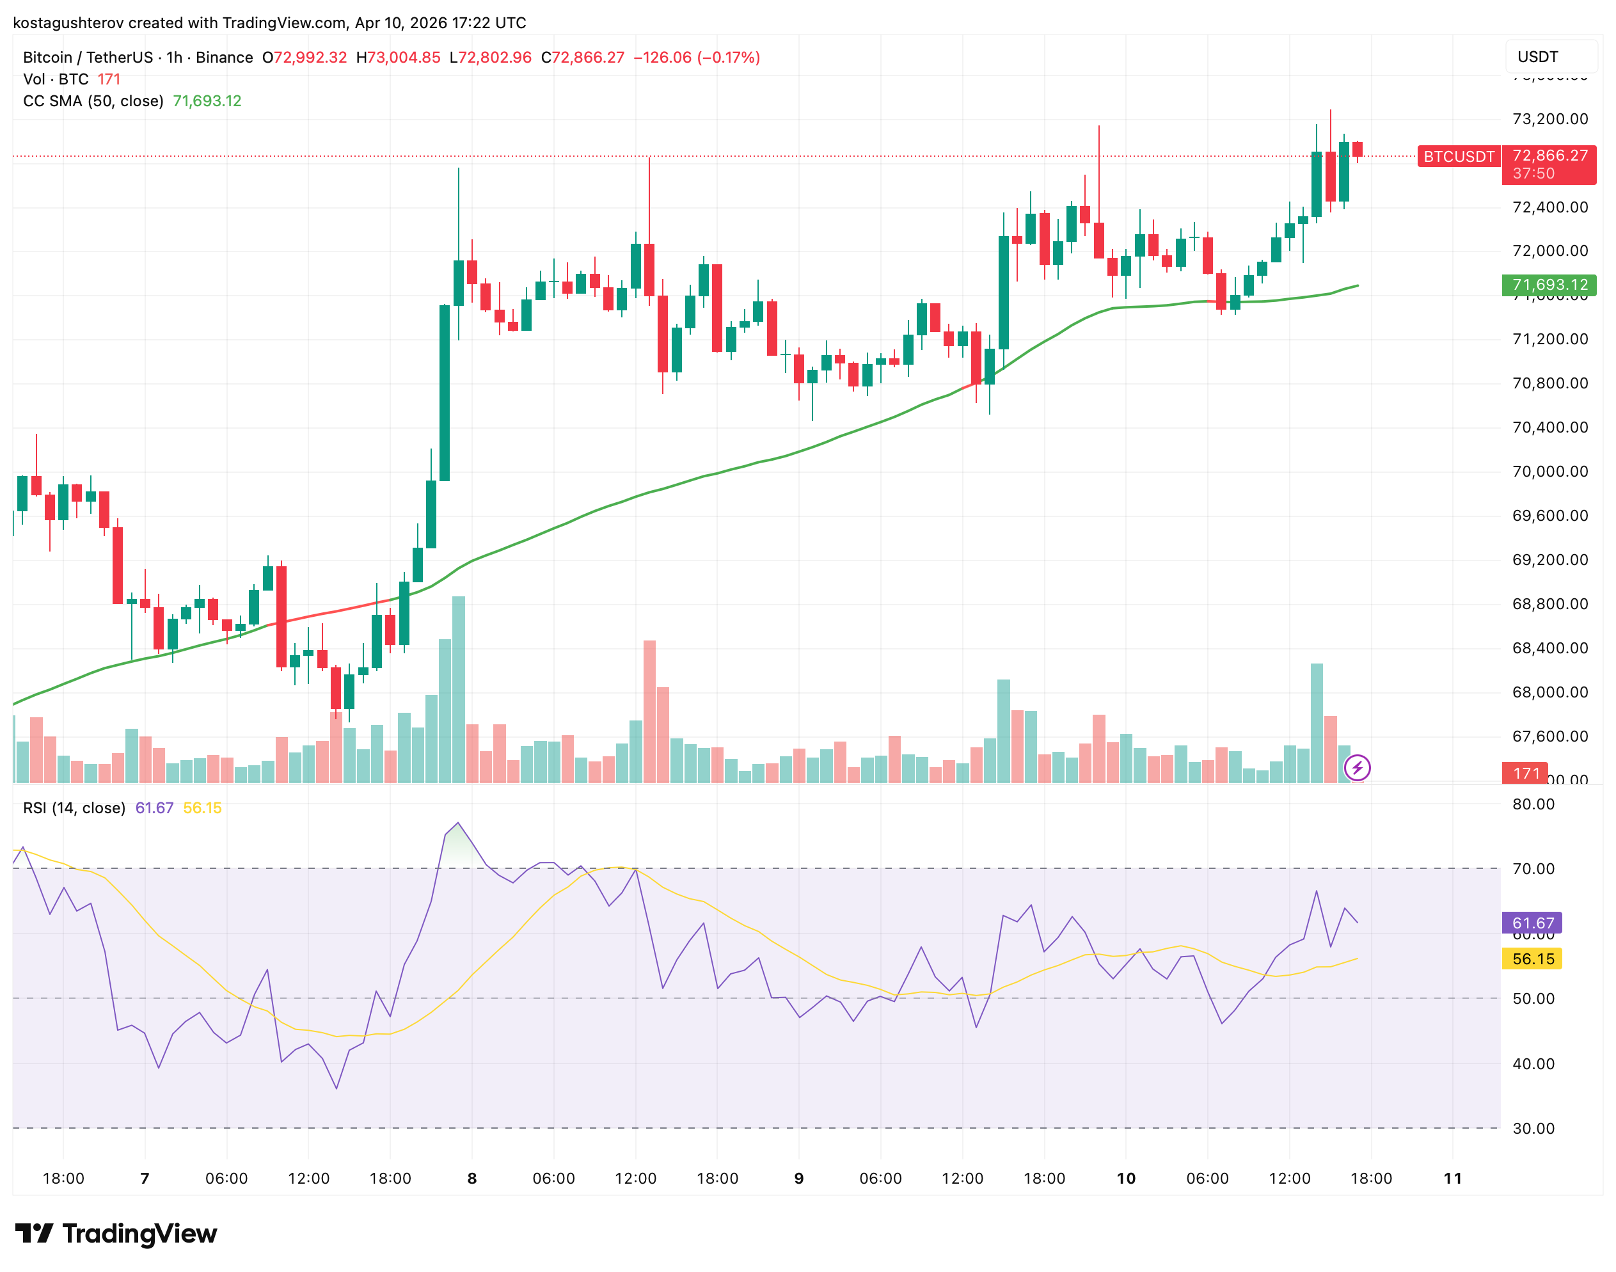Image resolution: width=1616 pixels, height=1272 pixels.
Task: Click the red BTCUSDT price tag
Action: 1458,156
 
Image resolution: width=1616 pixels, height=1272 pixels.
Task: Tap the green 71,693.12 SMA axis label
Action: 1548,285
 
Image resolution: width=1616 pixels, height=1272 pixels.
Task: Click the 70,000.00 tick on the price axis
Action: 1549,472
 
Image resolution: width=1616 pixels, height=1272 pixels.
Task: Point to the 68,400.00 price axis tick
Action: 1549,648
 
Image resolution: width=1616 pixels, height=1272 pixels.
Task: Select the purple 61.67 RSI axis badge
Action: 1531,923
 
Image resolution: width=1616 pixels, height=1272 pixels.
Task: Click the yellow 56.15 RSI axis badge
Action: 1531,958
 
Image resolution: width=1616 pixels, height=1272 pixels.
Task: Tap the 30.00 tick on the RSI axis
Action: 1533,1128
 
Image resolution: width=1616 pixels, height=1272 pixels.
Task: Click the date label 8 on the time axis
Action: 471,1178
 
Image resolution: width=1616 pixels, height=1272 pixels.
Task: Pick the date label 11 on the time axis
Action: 1452,1178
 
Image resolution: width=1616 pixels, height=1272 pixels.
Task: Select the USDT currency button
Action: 1548,56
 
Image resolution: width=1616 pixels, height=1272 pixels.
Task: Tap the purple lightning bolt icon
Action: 1357,767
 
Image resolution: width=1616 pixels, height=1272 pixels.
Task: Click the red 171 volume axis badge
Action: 1525,773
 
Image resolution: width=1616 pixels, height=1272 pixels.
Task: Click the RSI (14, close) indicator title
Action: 74,808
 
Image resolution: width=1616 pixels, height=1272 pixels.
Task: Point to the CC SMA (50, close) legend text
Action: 93,100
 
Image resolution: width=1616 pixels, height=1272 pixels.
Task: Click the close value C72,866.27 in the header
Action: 582,58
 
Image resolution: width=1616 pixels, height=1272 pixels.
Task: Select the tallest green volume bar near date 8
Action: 459,689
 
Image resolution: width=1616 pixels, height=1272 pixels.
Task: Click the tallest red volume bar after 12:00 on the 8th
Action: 649,712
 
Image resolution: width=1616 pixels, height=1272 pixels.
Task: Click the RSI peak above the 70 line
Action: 458,823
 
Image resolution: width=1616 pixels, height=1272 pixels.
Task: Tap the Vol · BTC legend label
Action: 56,79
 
